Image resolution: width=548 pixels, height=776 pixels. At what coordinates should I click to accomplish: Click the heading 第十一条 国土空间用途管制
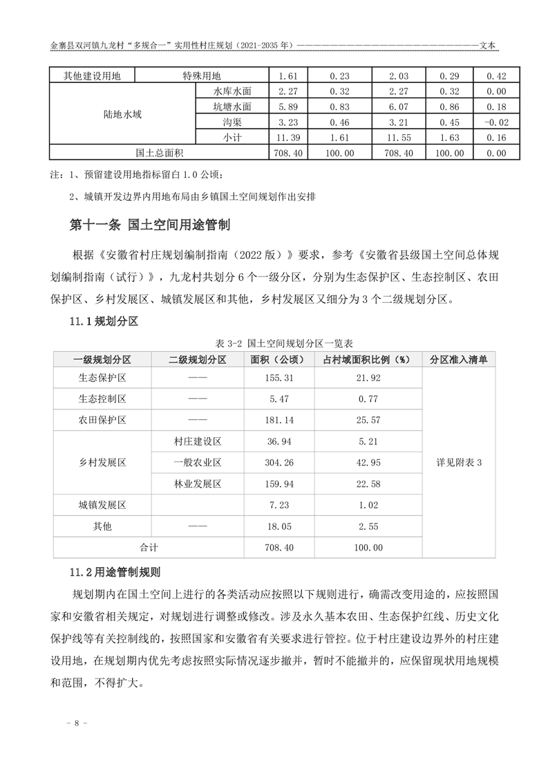coord(150,225)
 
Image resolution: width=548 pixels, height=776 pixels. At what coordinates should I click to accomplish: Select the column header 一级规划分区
coord(102,360)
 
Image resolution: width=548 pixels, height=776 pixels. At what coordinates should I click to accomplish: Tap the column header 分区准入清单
coord(459,360)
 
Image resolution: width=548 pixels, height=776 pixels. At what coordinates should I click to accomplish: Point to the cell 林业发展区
coord(196,483)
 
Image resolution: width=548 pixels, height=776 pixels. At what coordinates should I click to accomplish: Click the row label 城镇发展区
coord(102,506)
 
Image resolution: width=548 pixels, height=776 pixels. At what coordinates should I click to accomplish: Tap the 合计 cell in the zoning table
coord(149,547)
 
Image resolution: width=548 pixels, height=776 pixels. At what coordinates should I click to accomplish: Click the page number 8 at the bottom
coord(77,723)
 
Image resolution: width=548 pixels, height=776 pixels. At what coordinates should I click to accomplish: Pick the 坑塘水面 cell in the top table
coord(232,107)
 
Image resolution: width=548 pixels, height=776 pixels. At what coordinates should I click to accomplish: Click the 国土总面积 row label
coord(158,153)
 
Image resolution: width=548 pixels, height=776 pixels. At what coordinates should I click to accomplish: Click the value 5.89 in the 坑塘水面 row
coord(287,107)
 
